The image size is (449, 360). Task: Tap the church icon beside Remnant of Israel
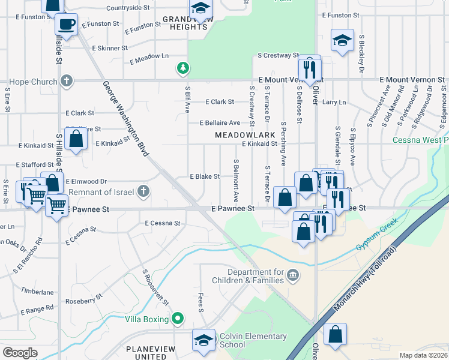pos(143,191)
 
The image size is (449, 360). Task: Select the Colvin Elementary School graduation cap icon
pos(203,339)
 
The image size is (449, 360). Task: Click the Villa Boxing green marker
pos(177,319)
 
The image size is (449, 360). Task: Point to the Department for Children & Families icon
pos(292,275)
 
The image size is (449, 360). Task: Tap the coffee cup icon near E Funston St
pos(66,25)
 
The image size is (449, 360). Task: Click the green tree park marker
pos(182,68)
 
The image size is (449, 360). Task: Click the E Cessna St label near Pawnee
pos(163,223)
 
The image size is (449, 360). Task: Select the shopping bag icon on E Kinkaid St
pos(76,139)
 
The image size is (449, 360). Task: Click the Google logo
pos(20,353)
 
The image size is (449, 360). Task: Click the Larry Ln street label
pos(334,103)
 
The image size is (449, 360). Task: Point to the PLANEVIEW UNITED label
pos(146,352)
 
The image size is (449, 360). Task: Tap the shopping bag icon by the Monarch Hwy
pos(335,334)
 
